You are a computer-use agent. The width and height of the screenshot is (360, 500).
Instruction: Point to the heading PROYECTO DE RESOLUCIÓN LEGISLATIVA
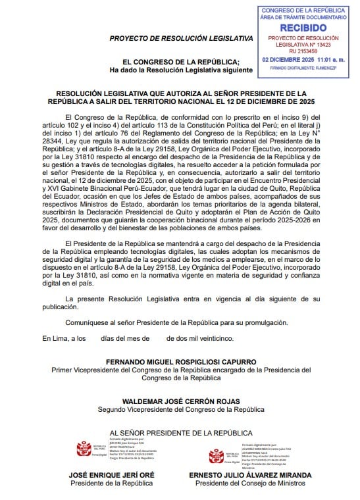[181, 38]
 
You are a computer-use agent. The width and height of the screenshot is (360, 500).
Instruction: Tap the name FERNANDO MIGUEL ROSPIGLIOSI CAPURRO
[181, 362]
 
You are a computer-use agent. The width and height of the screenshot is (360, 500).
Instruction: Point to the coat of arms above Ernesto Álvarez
[215, 455]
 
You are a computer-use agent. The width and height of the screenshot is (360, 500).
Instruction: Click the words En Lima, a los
[64, 338]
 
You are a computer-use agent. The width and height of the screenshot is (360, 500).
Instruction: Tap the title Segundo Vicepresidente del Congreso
[181, 409]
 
